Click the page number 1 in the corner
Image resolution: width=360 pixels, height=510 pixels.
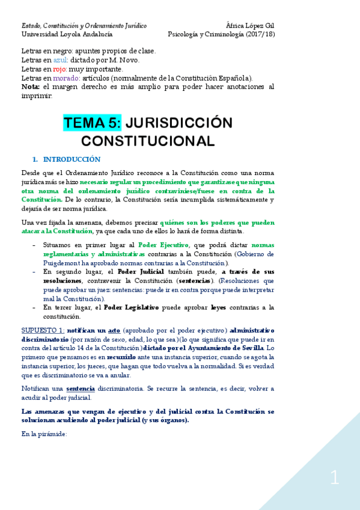[335, 479]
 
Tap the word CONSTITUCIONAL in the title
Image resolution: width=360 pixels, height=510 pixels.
[148, 141]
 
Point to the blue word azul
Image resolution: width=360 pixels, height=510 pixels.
[61, 60]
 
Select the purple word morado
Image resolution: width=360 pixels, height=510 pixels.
[66, 78]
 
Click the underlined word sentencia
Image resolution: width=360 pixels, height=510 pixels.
[81, 389]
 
